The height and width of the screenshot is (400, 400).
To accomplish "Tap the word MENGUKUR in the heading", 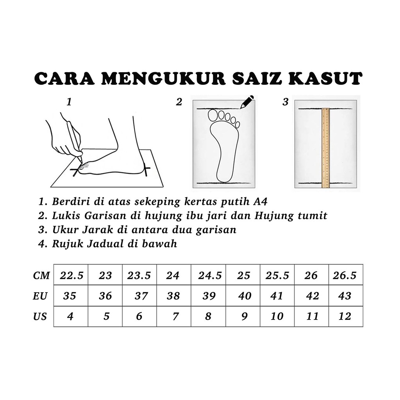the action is point(163,79).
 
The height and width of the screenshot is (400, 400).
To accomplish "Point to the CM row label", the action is point(41,275).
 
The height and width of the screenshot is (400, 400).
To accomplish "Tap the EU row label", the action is point(40,296).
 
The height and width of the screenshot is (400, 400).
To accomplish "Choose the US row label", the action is point(40,316).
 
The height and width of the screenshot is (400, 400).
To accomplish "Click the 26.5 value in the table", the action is point(345,275).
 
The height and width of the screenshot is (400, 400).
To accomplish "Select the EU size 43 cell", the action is point(345,296).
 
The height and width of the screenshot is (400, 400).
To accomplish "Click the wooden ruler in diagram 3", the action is point(325,148).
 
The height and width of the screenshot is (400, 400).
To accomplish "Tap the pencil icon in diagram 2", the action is point(247,102).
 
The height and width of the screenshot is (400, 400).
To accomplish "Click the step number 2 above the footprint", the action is point(179,102).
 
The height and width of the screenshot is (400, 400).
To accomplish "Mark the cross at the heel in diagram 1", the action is point(146,169).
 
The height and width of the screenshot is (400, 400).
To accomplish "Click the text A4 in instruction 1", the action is point(261,202).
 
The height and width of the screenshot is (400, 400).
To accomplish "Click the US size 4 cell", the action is point(70,316).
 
